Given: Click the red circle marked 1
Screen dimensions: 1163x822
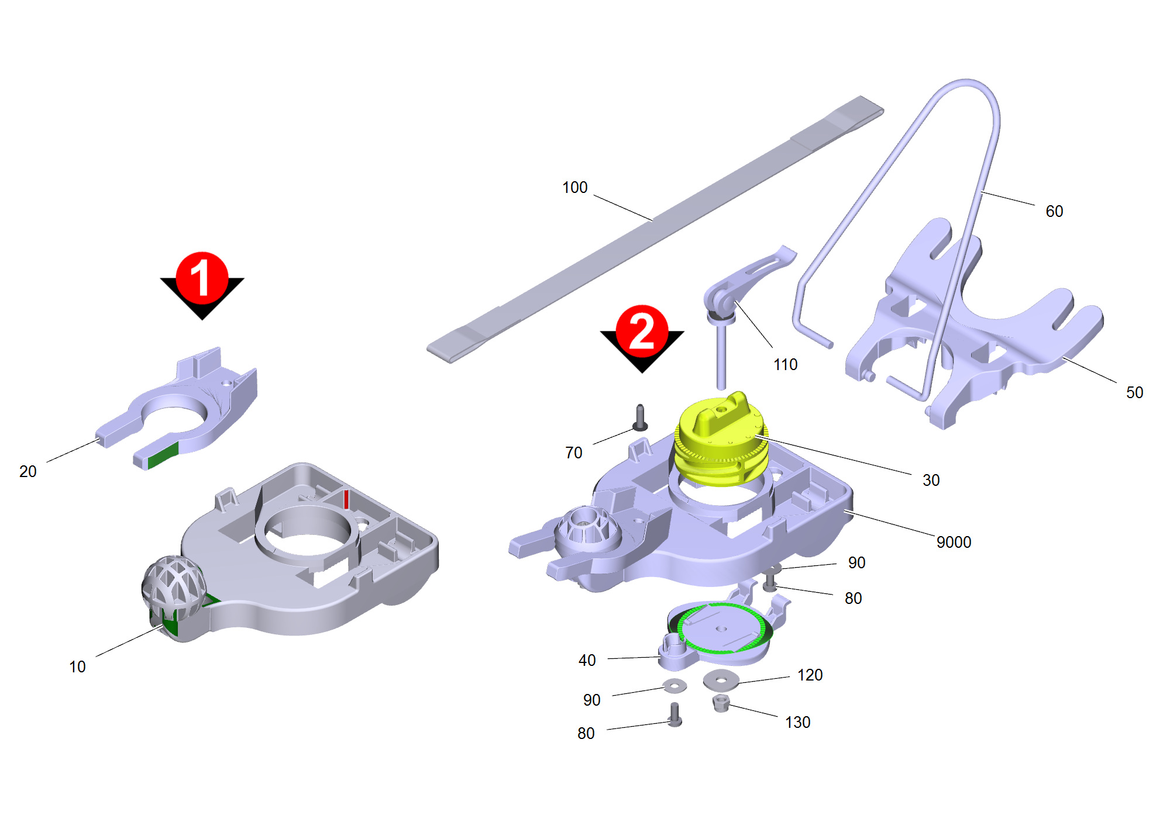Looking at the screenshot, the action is pos(202,278).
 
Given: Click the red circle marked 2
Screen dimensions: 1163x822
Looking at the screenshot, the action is pos(642,330).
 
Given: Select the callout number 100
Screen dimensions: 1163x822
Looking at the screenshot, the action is pos(574,187).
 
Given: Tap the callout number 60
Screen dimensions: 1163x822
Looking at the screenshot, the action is pos(1054,211).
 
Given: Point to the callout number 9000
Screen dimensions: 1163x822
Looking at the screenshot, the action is pos(954,542).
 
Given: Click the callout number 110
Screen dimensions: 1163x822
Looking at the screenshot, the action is pos(785,364).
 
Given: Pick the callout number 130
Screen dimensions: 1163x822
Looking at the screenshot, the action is pos(797,722).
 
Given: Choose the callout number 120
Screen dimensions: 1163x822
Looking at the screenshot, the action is pos(810,675).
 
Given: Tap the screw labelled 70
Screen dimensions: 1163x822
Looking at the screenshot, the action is pos(640,417).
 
